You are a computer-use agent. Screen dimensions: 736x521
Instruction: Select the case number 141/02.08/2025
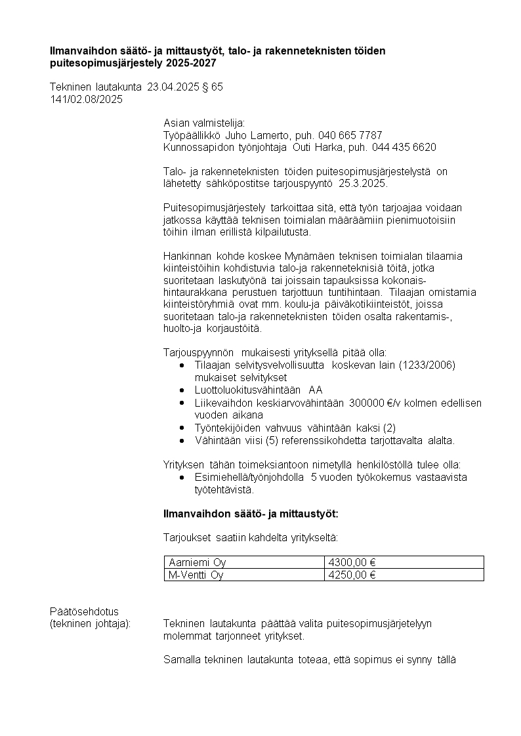86,99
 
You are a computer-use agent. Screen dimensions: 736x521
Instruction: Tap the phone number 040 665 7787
350,134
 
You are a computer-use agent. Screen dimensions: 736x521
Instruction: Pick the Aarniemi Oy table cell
244,562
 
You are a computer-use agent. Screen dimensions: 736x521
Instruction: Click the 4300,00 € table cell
404,562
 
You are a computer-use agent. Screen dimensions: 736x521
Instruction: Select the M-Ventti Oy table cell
244,575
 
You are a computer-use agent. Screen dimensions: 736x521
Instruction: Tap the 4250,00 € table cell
404,575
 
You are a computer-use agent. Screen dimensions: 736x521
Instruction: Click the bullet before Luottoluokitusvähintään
182,390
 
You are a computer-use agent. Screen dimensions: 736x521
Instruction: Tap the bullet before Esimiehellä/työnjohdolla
182,478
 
